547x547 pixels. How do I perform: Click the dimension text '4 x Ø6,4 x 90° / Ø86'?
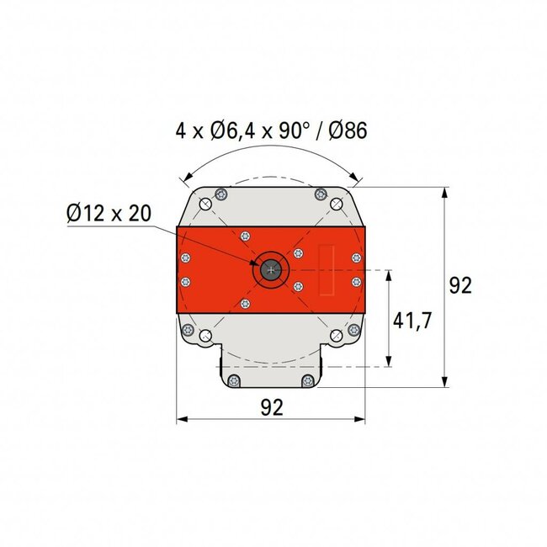point(271,131)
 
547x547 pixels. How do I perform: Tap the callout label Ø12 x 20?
point(108,213)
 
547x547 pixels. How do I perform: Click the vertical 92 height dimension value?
point(459,285)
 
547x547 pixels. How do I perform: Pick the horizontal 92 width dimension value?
point(271,407)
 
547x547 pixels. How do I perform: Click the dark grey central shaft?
point(271,269)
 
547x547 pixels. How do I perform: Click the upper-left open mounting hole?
point(204,203)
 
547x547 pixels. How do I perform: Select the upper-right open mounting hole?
point(337,203)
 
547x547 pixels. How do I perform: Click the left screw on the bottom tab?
point(233,381)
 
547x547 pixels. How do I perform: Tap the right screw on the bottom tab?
point(309,381)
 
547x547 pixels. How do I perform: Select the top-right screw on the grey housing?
point(320,194)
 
